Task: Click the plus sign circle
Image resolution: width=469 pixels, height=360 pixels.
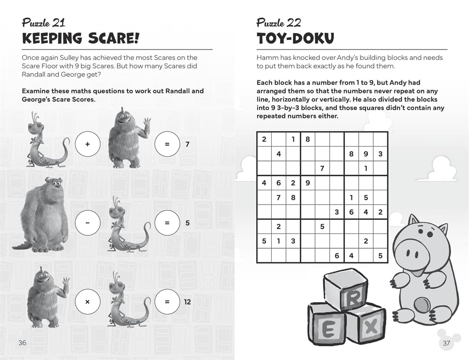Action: tap(87, 144)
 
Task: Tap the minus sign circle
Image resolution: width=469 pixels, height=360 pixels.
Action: tap(87, 223)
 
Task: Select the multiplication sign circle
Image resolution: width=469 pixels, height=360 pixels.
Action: tap(87, 302)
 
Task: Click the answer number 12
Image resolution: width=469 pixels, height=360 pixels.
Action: tap(187, 302)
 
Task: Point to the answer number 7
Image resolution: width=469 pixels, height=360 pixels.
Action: tap(187, 144)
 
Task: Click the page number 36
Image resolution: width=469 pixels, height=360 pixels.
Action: tap(22, 343)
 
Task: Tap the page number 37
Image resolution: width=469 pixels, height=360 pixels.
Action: tap(446, 343)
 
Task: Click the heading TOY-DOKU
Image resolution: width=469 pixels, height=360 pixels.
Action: tap(295, 38)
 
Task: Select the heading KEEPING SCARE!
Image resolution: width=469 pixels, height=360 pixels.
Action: tap(80, 38)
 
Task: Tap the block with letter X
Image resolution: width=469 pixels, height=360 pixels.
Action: tap(371, 327)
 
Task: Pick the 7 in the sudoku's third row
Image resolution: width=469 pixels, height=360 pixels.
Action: tap(322, 169)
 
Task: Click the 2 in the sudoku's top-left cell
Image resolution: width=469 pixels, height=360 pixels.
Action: tap(264, 139)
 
